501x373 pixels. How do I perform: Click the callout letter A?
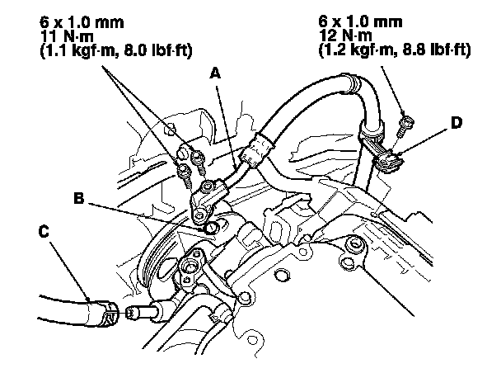pos(216,73)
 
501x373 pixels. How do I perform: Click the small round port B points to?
pos(213,226)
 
